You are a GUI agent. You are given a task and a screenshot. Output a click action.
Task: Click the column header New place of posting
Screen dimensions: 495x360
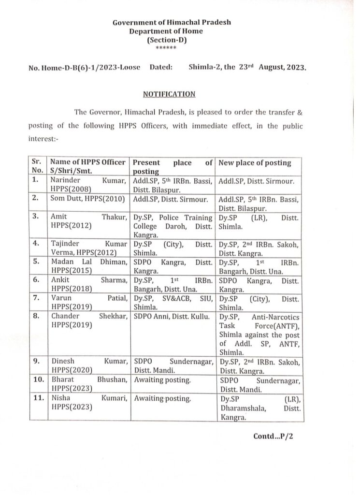pos(255,163)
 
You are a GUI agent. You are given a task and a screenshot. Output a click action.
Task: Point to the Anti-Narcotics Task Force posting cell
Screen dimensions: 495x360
pos(260,334)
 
